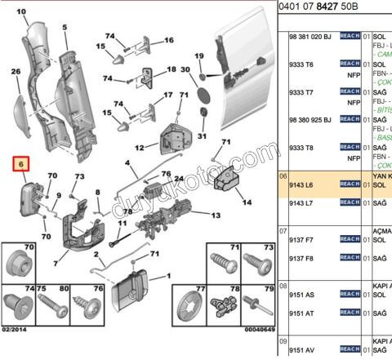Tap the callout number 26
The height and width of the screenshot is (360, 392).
coord(16,72)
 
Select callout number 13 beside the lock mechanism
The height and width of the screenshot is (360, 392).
coord(216,216)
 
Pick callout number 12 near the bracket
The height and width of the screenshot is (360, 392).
coord(140,147)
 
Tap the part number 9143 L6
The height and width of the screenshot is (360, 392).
coord(303,184)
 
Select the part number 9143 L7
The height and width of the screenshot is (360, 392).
coord(303,201)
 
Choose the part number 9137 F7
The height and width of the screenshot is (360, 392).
coord(303,241)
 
